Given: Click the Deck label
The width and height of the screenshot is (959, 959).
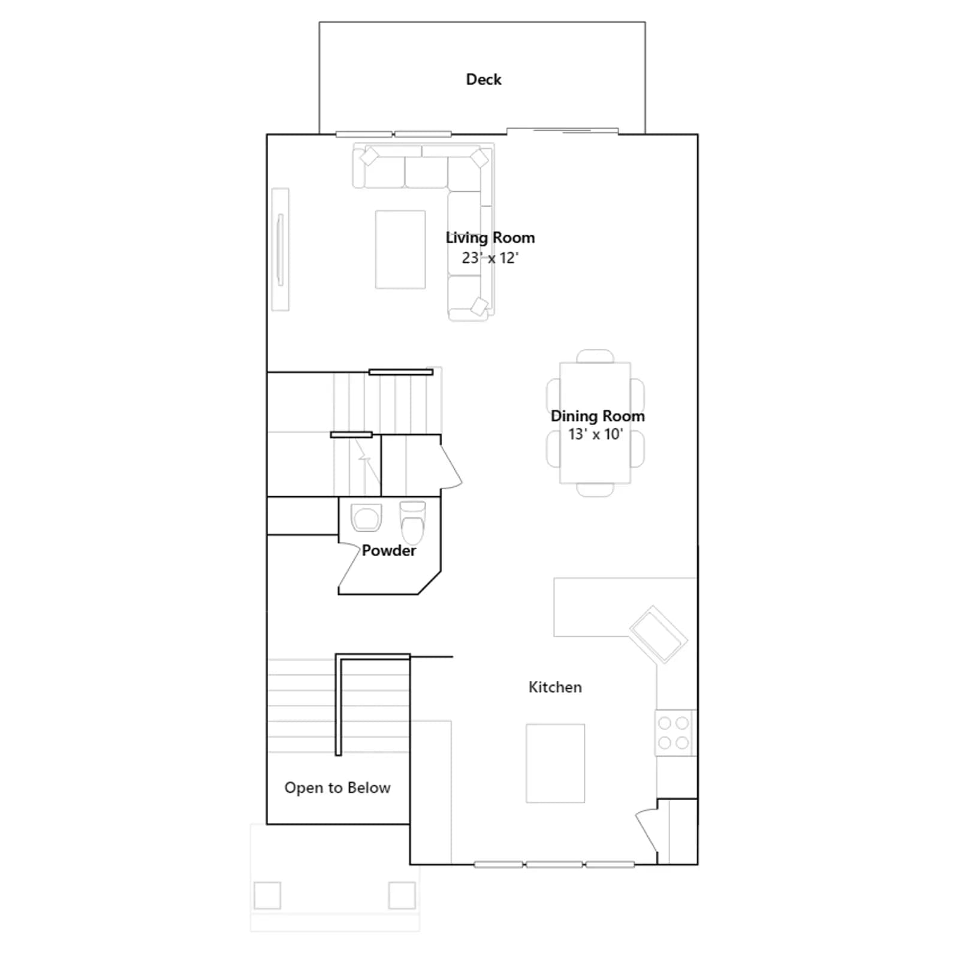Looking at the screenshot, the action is pyautogui.click(x=484, y=80).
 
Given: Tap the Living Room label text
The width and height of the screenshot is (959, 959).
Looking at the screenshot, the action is pyautogui.click(x=490, y=238).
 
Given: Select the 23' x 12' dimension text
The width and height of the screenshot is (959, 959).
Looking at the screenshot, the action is pyautogui.click(x=490, y=258).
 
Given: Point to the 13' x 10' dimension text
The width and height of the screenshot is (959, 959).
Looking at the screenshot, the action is pyautogui.click(x=596, y=434).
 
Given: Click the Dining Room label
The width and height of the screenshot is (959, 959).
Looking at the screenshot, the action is pyautogui.click(x=598, y=416).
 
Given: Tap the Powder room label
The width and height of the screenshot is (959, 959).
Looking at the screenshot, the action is pyautogui.click(x=388, y=550).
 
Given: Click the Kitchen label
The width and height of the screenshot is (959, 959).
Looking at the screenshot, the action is pyautogui.click(x=555, y=687).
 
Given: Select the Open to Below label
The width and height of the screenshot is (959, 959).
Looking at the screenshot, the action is pyautogui.click(x=337, y=788).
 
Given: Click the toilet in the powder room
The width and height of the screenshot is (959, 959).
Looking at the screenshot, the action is pyautogui.click(x=412, y=521).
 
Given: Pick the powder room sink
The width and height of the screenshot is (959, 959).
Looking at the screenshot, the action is pyautogui.click(x=366, y=517).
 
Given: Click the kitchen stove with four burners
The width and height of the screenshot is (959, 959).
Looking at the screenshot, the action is pyautogui.click(x=674, y=733).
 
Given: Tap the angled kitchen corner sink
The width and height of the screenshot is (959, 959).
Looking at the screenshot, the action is pyautogui.click(x=658, y=635).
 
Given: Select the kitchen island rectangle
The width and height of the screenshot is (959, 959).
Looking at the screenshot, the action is pyautogui.click(x=556, y=763).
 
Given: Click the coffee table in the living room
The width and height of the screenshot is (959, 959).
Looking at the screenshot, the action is pyautogui.click(x=400, y=249).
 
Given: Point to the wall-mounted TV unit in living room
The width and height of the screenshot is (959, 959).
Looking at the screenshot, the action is pyautogui.click(x=280, y=249).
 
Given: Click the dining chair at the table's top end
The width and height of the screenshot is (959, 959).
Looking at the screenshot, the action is pyautogui.click(x=595, y=356).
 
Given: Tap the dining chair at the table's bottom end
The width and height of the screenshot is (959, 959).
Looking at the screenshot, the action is pyautogui.click(x=595, y=490).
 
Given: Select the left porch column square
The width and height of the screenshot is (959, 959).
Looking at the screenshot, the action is pyautogui.click(x=267, y=896).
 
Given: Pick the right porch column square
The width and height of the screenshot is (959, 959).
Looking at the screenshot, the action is pyautogui.click(x=402, y=895).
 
